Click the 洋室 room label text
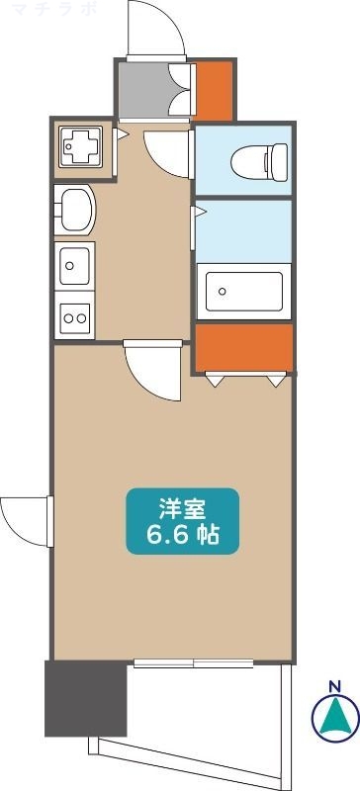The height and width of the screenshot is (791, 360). pyautogui.click(x=182, y=509)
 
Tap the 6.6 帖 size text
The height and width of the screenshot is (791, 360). pyautogui.click(x=182, y=537)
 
